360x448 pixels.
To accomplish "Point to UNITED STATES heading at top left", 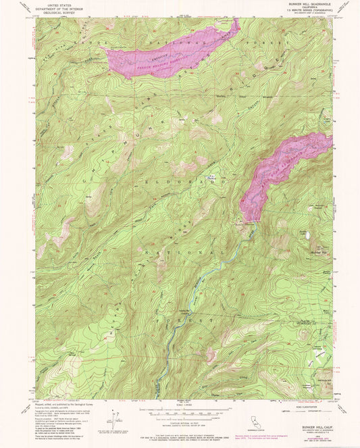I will coord(55,5).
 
